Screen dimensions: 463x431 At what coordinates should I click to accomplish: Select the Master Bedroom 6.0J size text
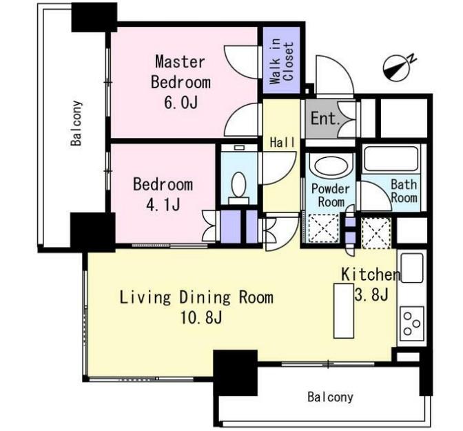181,102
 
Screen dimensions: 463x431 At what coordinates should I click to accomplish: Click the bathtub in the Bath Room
391,159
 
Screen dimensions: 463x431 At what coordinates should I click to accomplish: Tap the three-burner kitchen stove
411,323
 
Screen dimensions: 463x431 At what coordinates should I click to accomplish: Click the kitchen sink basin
411,268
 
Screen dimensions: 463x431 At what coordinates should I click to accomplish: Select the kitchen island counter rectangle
343,310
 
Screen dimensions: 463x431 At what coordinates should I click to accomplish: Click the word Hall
282,143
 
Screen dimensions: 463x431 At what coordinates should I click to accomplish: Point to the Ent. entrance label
325,119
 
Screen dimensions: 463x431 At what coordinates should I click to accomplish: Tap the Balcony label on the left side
76,123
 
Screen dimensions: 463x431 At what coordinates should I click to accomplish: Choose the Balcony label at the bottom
330,397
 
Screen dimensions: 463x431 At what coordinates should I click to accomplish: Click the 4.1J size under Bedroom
163,204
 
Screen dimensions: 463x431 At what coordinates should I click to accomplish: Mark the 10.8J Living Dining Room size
201,318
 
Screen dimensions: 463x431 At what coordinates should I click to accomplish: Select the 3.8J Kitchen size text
371,294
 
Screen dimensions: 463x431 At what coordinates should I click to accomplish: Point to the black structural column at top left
94,17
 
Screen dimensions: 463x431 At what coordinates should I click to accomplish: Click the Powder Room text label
331,195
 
